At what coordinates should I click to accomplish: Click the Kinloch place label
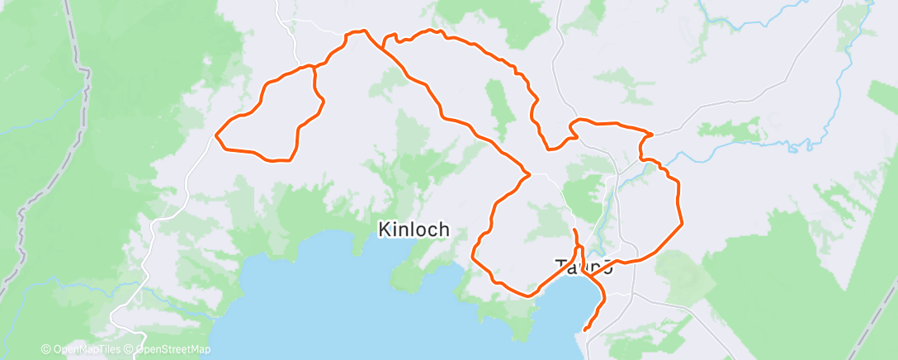tap(414, 230)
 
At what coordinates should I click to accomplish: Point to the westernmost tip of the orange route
tap(216, 134)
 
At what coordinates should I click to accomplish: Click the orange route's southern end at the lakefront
tap(585, 330)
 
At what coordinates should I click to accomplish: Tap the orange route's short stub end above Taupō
tap(574, 229)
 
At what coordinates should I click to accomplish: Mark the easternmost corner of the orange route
tap(683, 223)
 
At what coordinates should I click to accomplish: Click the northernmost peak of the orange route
tap(361, 31)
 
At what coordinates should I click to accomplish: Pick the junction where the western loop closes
tap(314, 66)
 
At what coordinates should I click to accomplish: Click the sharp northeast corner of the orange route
tap(652, 133)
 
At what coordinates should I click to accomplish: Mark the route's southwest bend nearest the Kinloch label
tap(473, 256)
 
